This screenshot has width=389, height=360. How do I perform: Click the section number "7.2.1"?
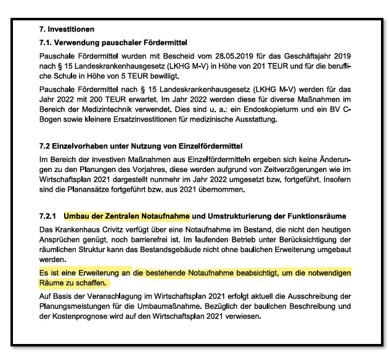48,216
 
